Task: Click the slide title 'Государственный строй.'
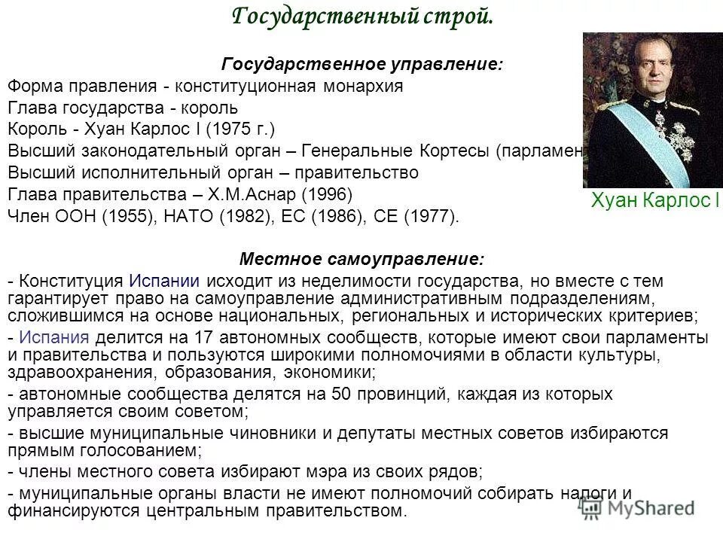tap(361, 15)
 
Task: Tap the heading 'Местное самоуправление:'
tap(361, 259)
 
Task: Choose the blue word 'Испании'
tap(163, 282)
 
